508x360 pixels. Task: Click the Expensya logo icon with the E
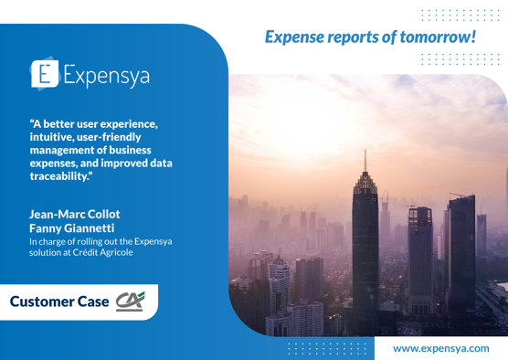45,73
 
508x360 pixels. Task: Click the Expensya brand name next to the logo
104,75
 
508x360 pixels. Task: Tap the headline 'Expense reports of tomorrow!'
369,37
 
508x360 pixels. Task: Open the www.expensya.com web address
440,348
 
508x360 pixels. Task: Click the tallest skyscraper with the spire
365,247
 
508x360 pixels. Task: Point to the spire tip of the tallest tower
365,152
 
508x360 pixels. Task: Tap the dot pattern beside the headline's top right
460,15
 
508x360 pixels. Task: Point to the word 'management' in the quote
65,150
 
